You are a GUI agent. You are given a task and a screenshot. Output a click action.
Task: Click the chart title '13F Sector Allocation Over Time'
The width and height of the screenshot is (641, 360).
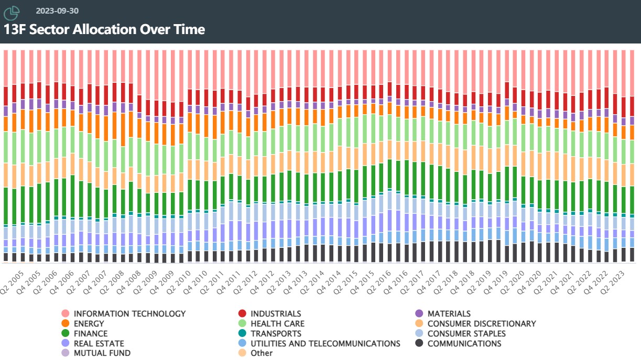tap(104, 29)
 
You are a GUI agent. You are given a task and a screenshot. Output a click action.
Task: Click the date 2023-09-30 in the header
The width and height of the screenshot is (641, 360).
tap(57, 10)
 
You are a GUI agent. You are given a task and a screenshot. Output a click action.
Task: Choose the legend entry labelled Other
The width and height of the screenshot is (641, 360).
tap(262, 353)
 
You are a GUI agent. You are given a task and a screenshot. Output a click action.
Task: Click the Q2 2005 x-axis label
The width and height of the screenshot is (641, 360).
tap(11, 282)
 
